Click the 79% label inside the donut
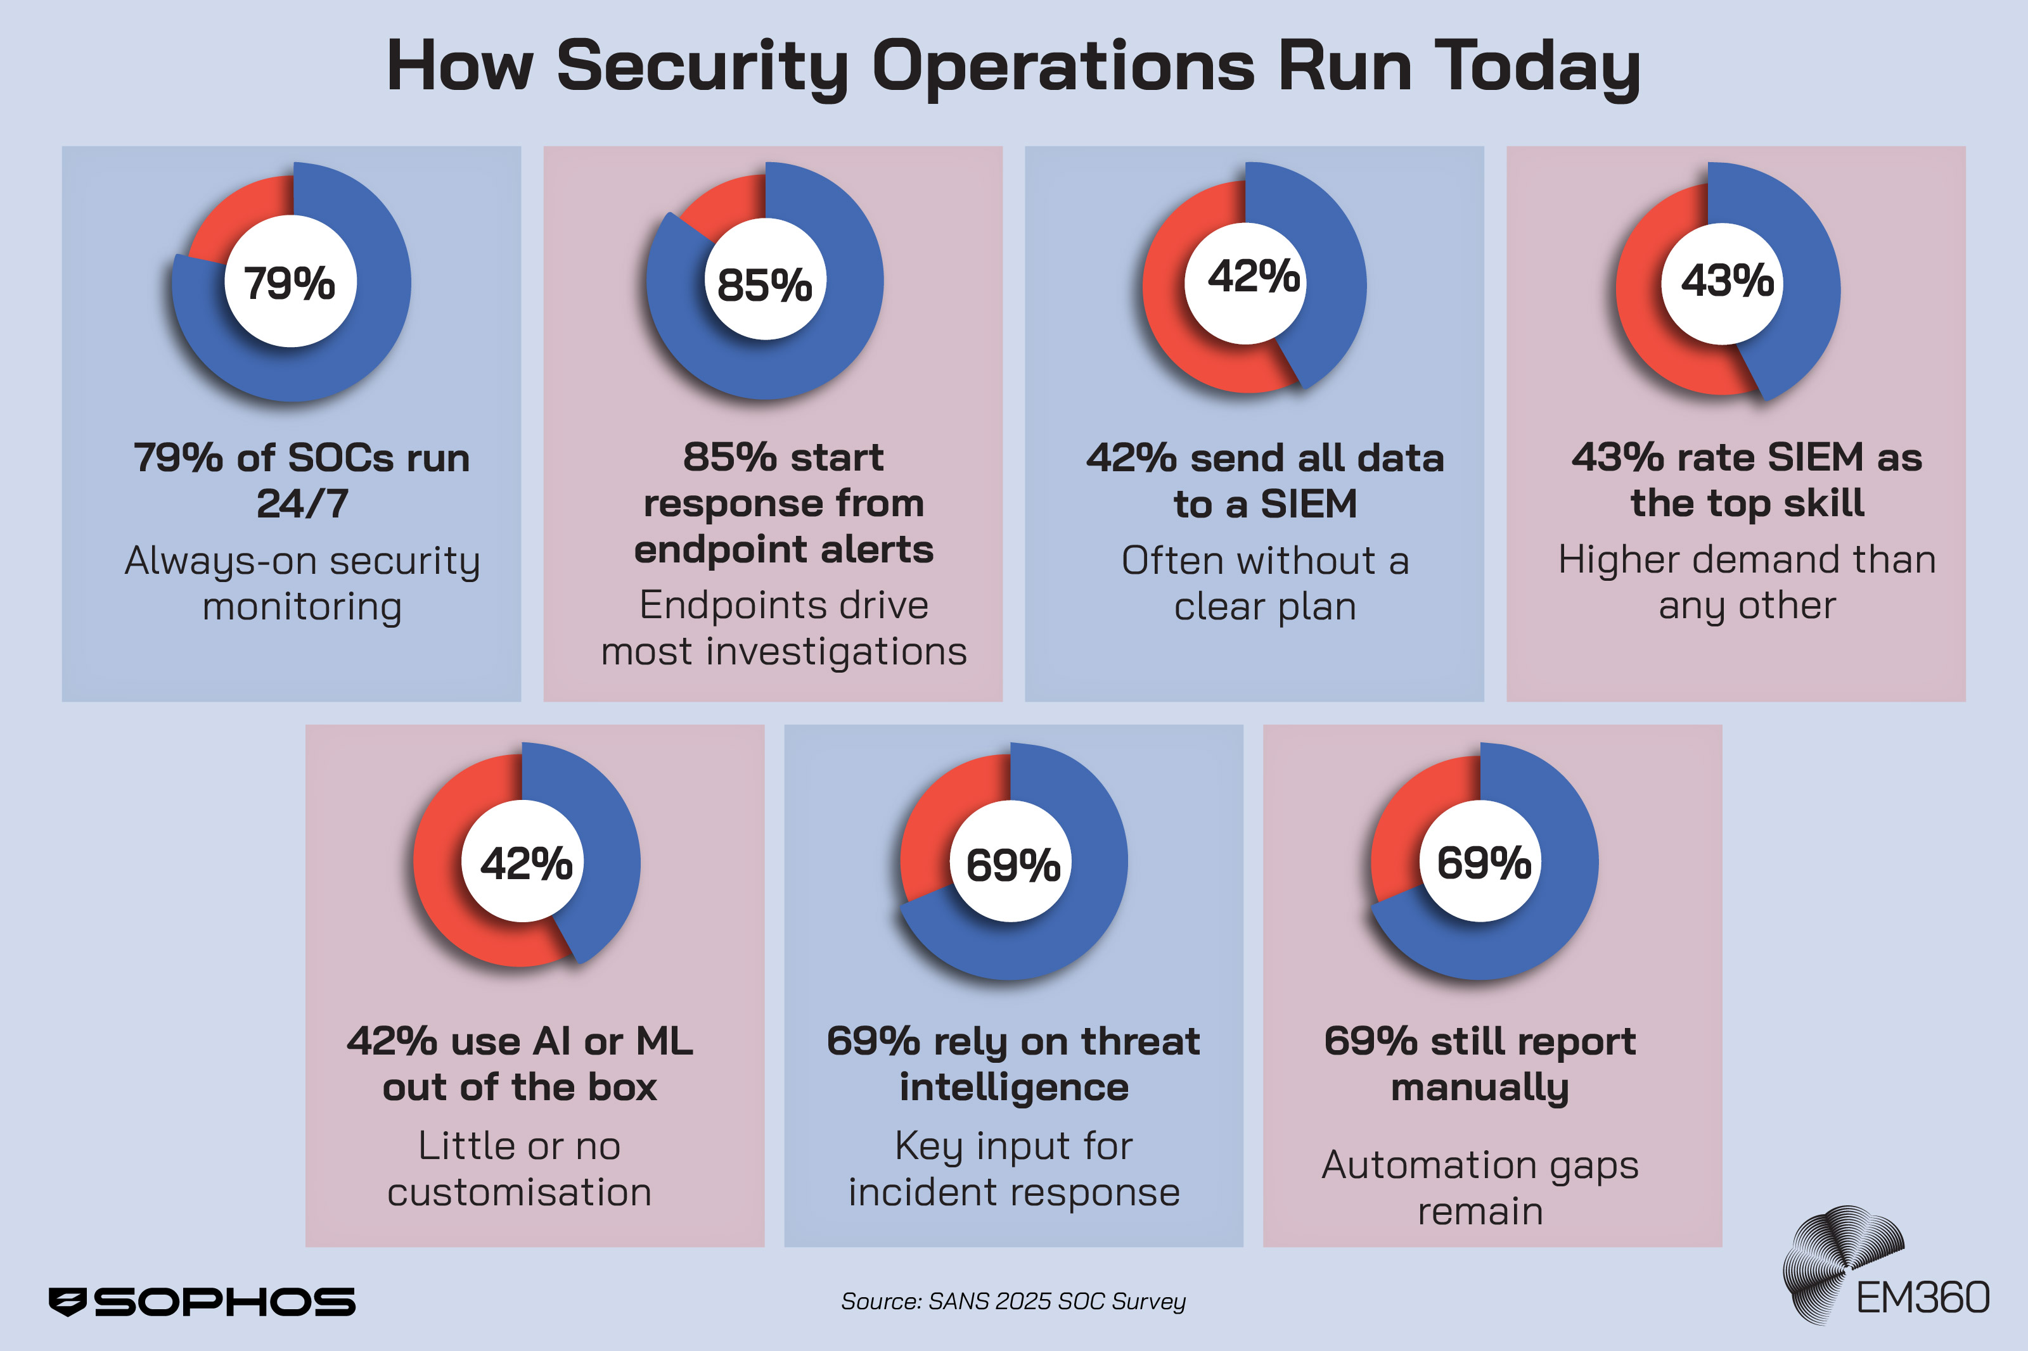click(290, 282)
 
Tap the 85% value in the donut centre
click(764, 284)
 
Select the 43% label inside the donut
click(1727, 280)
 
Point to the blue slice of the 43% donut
click(1801, 284)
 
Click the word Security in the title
click(702, 67)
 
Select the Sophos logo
click(202, 1301)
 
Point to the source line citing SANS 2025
click(1013, 1301)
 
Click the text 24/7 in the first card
click(302, 503)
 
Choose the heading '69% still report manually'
click(1479, 1063)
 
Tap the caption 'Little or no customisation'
click(519, 1169)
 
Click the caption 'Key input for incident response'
click(1013, 1169)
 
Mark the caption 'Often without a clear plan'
click(1264, 583)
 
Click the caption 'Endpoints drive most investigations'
click(783, 627)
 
